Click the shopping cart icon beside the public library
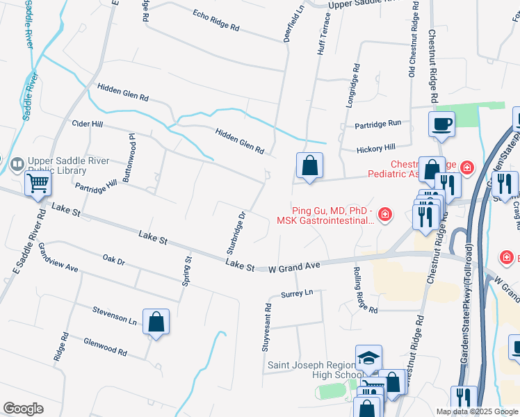coord(38,184)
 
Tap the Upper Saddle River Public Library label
coord(67,165)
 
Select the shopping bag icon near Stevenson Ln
coord(156,322)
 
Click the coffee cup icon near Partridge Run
coord(441,124)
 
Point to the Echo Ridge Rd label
coord(216,22)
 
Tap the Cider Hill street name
coord(87,124)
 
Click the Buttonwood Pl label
coord(129,158)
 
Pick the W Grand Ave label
coord(295,266)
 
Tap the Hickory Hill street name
coord(375,148)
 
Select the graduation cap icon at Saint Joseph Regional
coord(368,359)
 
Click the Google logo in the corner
coord(24,409)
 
